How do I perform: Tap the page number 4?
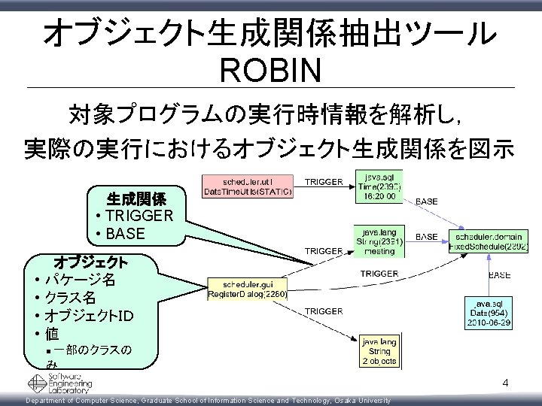pyautogui.click(x=506, y=383)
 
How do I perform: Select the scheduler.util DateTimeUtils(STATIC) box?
pyautogui.click(x=248, y=186)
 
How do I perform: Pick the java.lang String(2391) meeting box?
pyautogui.click(x=379, y=241)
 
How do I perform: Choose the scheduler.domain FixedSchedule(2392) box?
pyautogui.click(x=489, y=241)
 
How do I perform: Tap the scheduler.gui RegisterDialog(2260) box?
pyautogui.click(x=248, y=289)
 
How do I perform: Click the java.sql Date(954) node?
pyautogui.click(x=490, y=311)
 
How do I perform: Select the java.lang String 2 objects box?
pyautogui.click(x=379, y=351)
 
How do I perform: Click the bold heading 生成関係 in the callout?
pyautogui.click(x=136, y=199)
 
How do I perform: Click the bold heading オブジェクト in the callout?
pyautogui.click(x=90, y=262)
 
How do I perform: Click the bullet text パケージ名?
pyautogui.click(x=79, y=280)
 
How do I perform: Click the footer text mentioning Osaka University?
pyautogui.click(x=209, y=401)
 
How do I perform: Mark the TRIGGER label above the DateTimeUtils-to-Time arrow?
pyautogui.click(x=324, y=181)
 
